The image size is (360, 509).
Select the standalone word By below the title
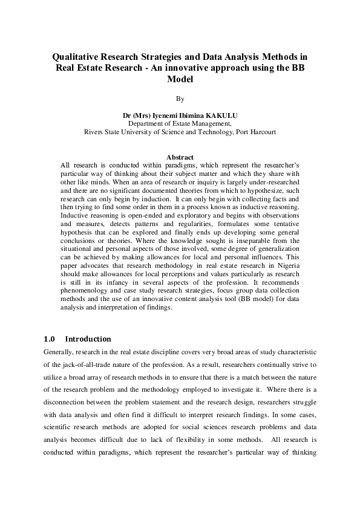point(180,98)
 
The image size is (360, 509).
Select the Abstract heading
point(180,157)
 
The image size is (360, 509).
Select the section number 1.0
point(50,339)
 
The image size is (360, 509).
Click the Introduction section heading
point(88,339)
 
